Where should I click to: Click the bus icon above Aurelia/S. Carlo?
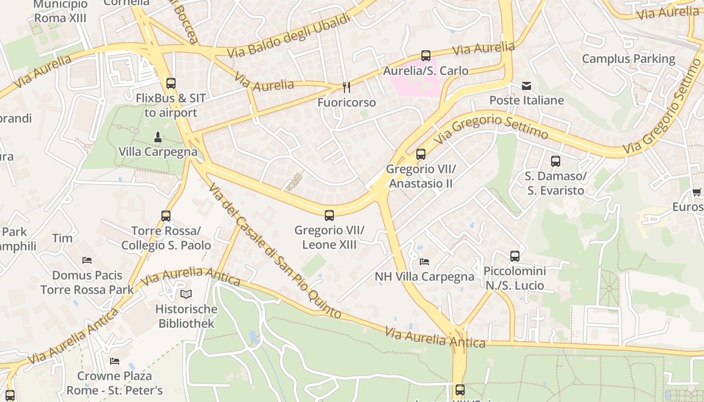[x=426, y=56]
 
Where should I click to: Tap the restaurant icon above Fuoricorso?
[x=346, y=87]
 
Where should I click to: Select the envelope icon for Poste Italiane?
[x=526, y=86]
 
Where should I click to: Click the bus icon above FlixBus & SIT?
[x=171, y=83]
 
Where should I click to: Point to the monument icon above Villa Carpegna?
[x=158, y=137]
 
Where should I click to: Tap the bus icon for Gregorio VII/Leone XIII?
[x=329, y=216]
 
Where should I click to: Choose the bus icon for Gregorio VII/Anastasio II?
[x=421, y=154]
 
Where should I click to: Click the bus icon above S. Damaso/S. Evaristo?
[x=556, y=161]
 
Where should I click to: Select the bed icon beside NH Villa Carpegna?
[x=424, y=262]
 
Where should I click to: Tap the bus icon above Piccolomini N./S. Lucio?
[x=515, y=256]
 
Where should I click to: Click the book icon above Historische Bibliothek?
[x=186, y=294]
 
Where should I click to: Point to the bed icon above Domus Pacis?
[x=87, y=260]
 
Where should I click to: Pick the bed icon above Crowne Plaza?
[x=115, y=361]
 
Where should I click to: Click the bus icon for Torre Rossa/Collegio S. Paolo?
[x=166, y=216]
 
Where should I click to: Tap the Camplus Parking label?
[x=629, y=59]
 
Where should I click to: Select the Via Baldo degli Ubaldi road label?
[x=288, y=36]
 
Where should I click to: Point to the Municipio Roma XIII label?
[x=60, y=12]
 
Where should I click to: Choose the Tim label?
[x=62, y=238]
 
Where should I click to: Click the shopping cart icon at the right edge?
[x=696, y=192]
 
